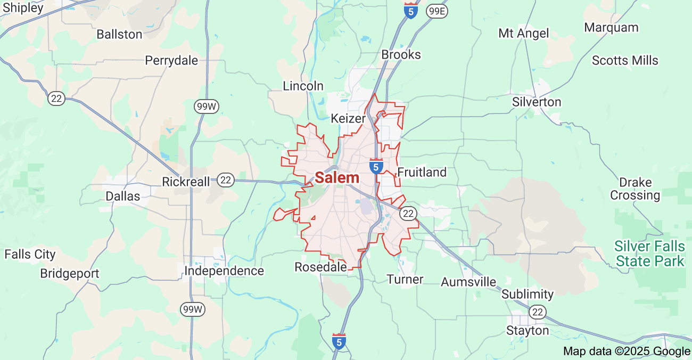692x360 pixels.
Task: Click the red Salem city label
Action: coord(337,178)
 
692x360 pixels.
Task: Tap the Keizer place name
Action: coord(348,118)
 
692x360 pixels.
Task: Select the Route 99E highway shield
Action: coord(436,11)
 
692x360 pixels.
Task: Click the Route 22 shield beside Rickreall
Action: coord(226,181)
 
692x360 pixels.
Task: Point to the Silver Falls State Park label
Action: coord(649,253)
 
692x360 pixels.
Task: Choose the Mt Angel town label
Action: coord(523,34)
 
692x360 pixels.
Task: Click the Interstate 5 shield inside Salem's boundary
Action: coord(376,166)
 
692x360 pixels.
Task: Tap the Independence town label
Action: coord(224,271)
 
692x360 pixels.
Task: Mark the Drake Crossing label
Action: coord(635,189)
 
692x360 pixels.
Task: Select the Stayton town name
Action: coord(527,331)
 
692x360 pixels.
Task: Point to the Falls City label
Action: coord(30,254)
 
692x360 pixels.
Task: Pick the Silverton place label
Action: coord(537,102)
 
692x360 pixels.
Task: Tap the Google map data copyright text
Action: coord(627,351)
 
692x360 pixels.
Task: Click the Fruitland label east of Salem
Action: coord(422,172)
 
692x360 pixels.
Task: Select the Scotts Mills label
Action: coord(625,60)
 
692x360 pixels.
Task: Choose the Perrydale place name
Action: coord(171,60)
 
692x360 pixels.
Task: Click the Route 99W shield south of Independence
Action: coord(192,309)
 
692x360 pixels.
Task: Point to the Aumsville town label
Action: coord(468,282)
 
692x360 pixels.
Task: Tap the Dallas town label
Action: coord(123,196)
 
